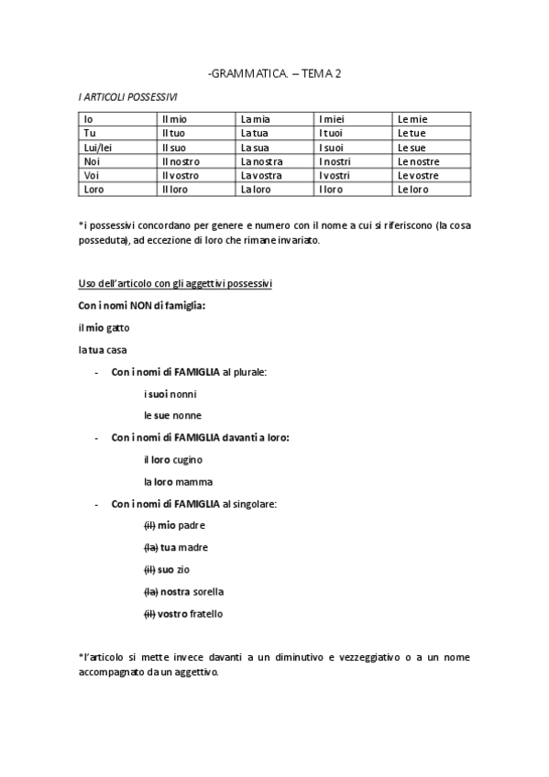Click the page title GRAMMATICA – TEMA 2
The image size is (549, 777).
274,72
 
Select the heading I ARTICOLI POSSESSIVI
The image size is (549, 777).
127,96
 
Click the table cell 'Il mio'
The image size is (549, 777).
174,119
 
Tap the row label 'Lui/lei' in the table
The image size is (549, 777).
97,148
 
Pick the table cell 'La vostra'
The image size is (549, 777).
261,176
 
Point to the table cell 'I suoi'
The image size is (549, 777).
332,148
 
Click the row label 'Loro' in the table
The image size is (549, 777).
94,190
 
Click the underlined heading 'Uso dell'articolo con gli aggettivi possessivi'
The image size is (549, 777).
174,284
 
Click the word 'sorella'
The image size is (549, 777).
208,591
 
